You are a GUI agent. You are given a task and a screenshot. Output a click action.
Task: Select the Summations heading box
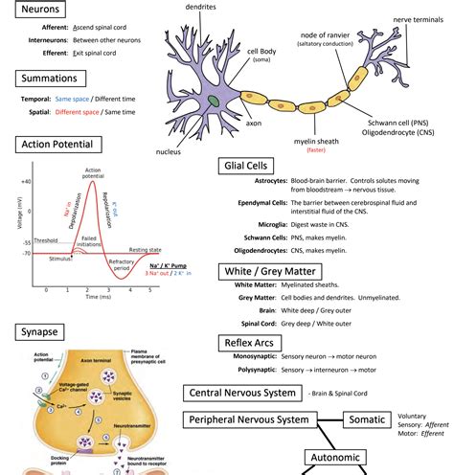click(x=52, y=79)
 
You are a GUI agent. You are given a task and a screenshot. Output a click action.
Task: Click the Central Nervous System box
click(x=241, y=392)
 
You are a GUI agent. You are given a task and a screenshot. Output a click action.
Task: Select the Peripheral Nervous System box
click(x=249, y=419)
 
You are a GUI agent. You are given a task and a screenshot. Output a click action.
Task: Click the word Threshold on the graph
click(x=46, y=240)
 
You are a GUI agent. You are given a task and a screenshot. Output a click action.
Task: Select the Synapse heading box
click(x=41, y=332)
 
